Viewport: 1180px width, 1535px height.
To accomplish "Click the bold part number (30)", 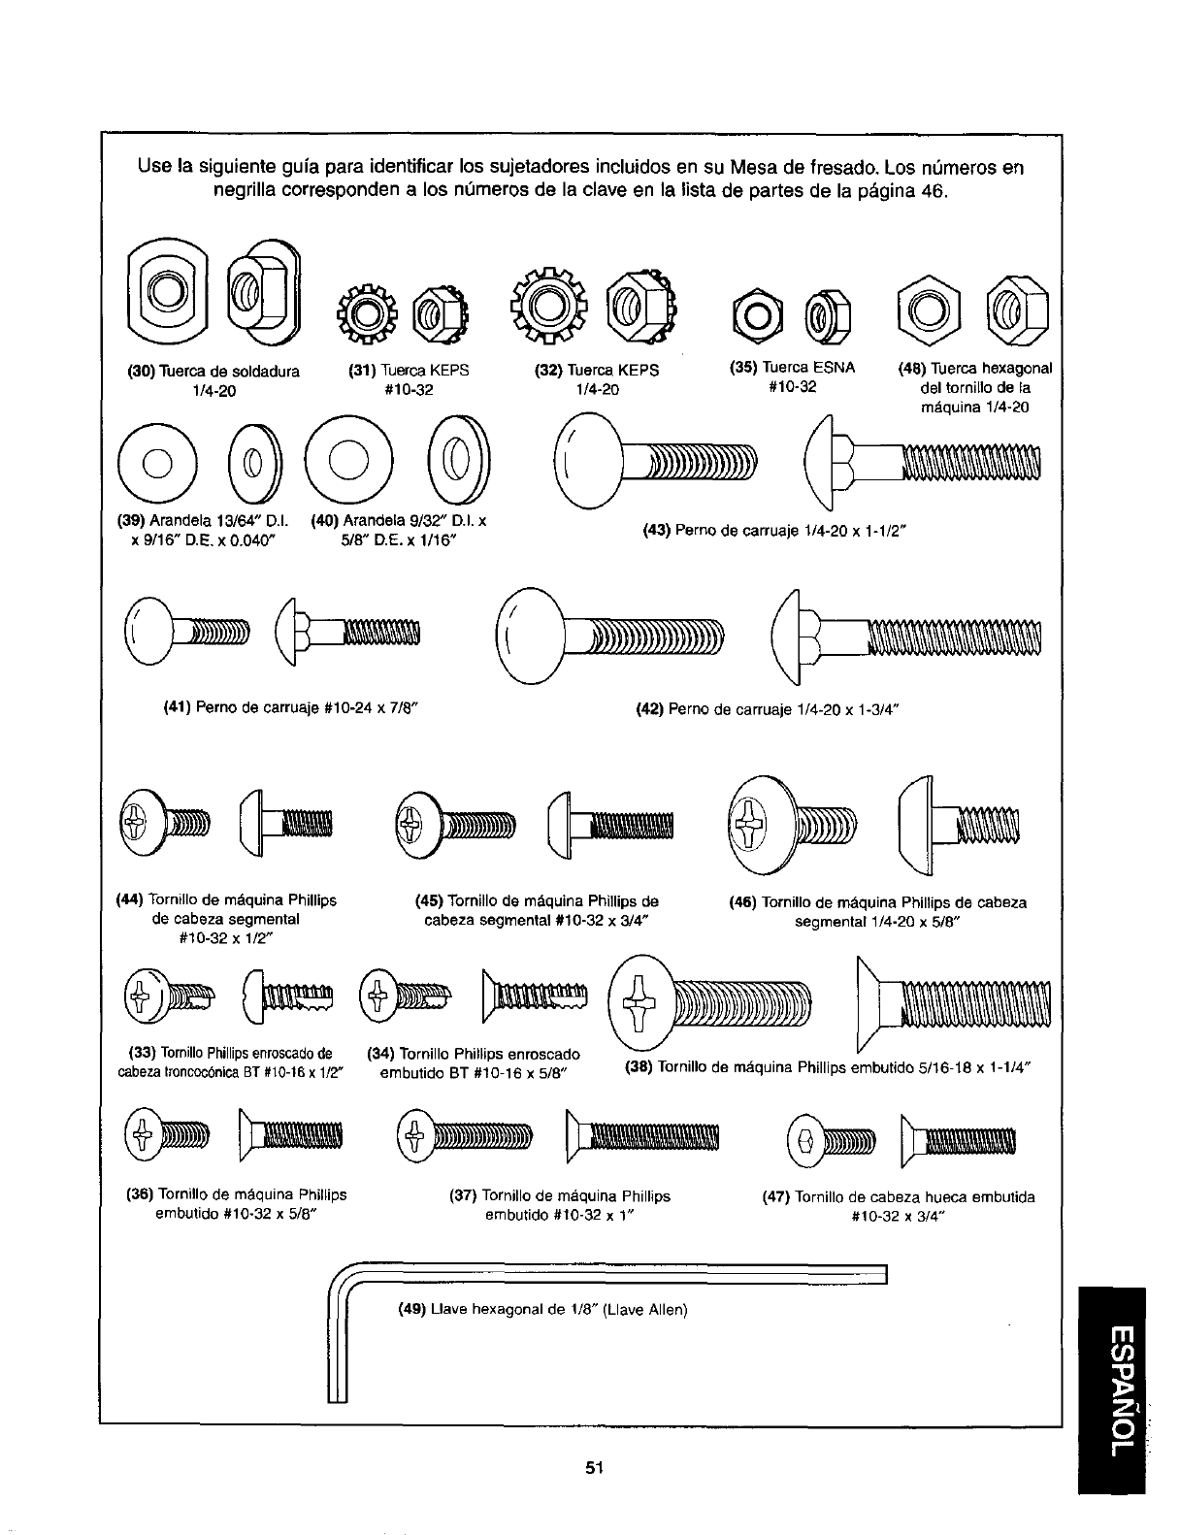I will (143, 371).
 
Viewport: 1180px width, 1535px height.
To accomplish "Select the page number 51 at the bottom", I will (594, 1467).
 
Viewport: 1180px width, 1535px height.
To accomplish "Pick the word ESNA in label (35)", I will (836, 368).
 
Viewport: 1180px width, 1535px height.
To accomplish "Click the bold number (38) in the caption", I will (635, 1067).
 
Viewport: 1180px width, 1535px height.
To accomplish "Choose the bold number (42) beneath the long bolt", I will (649, 708).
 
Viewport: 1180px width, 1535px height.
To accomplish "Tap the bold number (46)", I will (744, 902).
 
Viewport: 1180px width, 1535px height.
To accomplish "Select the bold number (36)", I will (140, 1194).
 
